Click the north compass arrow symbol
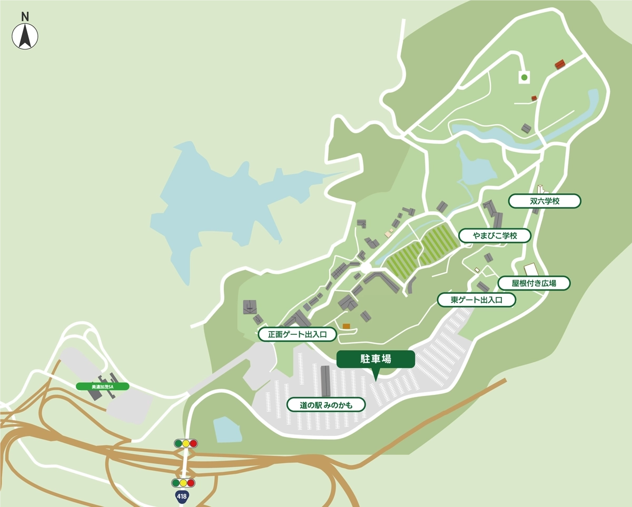pyautogui.click(x=25, y=37)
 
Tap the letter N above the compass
pyautogui.click(x=25, y=16)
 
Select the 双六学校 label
pyautogui.click(x=545, y=201)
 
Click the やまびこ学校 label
pyautogui.click(x=495, y=235)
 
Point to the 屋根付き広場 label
pyautogui.click(x=534, y=283)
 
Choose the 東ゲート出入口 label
pyautogui.click(x=476, y=300)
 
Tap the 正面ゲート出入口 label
pyautogui.click(x=297, y=334)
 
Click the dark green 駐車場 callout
pyautogui.click(x=376, y=359)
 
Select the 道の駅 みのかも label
pyautogui.click(x=325, y=404)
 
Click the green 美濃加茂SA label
pyautogui.click(x=103, y=386)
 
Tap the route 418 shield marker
pyautogui.click(x=182, y=496)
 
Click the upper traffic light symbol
pyautogui.click(x=185, y=443)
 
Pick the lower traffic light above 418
pyautogui.click(x=183, y=483)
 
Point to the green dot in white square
pyautogui.click(x=524, y=77)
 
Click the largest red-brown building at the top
pyautogui.click(x=560, y=65)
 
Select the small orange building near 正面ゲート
pyautogui.click(x=346, y=326)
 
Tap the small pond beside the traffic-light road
pyautogui.click(x=227, y=429)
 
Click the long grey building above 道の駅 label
pyautogui.click(x=325, y=380)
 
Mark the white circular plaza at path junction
pyautogui.click(x=366, y=269)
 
